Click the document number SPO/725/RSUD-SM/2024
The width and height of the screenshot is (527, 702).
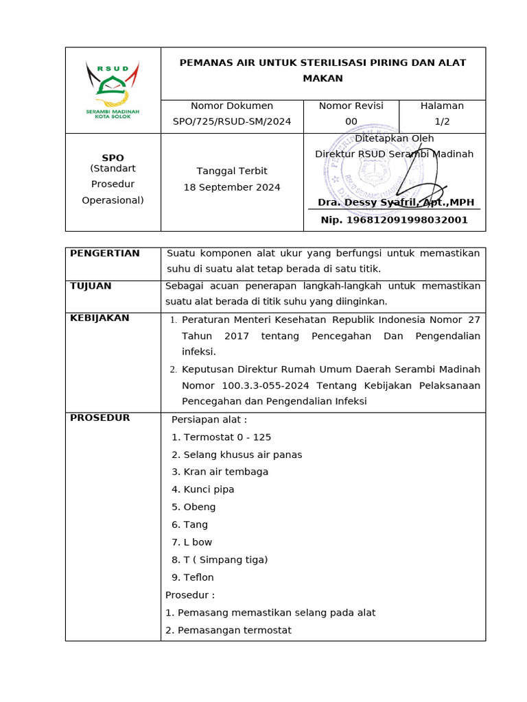pos(232,122)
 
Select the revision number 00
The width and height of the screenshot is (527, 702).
pos(351,122)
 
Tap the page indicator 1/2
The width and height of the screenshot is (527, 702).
pos(442,122)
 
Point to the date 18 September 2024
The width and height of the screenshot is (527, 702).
pos(232,188)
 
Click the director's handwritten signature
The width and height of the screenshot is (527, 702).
pos(405,182)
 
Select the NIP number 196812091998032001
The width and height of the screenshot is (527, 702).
pos(394,220)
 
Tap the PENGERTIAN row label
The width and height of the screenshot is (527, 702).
pos(104,254)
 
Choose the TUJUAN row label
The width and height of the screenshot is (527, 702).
pos(91,286)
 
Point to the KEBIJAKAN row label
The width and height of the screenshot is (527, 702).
pos(100,318)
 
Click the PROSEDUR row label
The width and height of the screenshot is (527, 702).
pos(99,418)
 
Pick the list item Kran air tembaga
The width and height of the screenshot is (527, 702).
pos(220,472)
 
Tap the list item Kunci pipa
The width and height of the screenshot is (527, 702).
pos(203,489)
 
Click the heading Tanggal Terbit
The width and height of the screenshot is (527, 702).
pos(232,171)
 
